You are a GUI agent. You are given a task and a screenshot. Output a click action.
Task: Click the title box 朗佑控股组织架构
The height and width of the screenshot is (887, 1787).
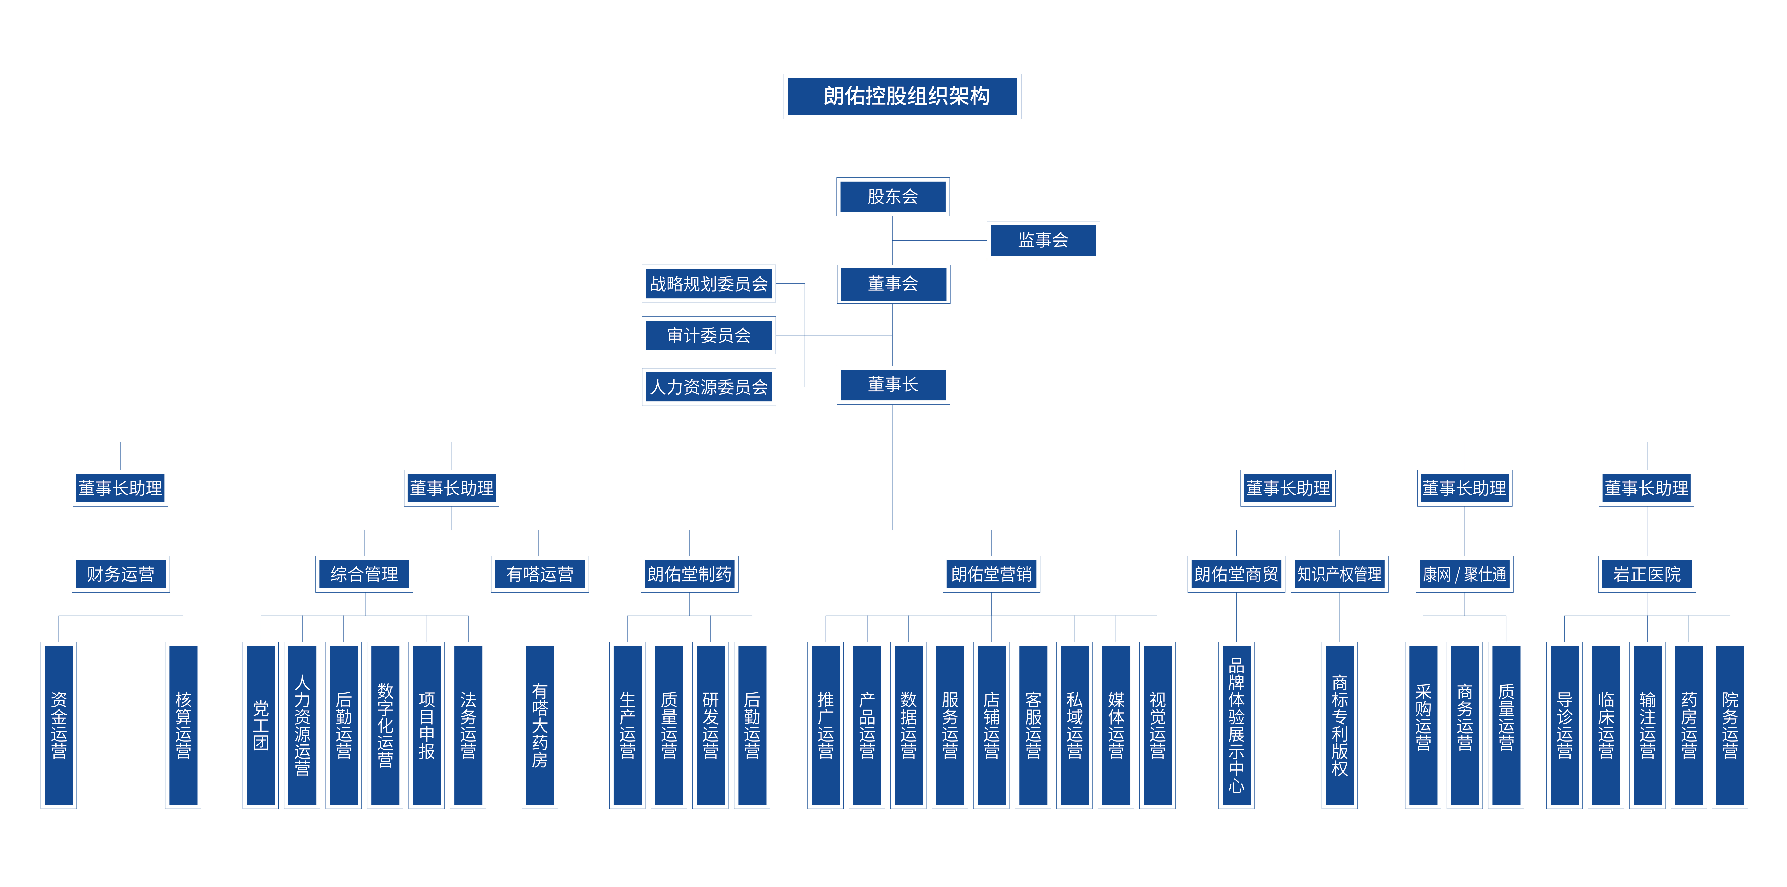click(902, 96)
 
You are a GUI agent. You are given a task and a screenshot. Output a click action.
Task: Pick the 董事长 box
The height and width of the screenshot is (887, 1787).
click(893, 385)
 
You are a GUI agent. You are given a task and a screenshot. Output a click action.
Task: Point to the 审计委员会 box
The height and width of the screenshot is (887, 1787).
click(708, 336)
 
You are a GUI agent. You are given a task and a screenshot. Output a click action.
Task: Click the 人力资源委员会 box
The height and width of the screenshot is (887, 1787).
click(708, 387)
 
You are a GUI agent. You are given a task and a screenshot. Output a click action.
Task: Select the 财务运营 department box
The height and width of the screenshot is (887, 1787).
click(121, 574)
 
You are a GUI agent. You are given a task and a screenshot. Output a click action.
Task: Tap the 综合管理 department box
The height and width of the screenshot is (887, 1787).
click(364, 574)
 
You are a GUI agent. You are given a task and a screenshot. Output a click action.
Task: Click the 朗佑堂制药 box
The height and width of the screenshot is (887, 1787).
click(689, 574)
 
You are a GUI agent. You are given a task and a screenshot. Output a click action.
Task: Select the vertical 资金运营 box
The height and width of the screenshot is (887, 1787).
click(59, 725)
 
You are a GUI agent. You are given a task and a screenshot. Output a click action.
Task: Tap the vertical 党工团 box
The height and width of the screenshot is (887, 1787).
click(261, 725)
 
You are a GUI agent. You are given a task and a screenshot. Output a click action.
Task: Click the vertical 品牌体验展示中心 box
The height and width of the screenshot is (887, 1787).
click(1236, 725)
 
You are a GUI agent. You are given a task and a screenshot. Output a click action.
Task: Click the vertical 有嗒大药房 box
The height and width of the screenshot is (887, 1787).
click(540, 725)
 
